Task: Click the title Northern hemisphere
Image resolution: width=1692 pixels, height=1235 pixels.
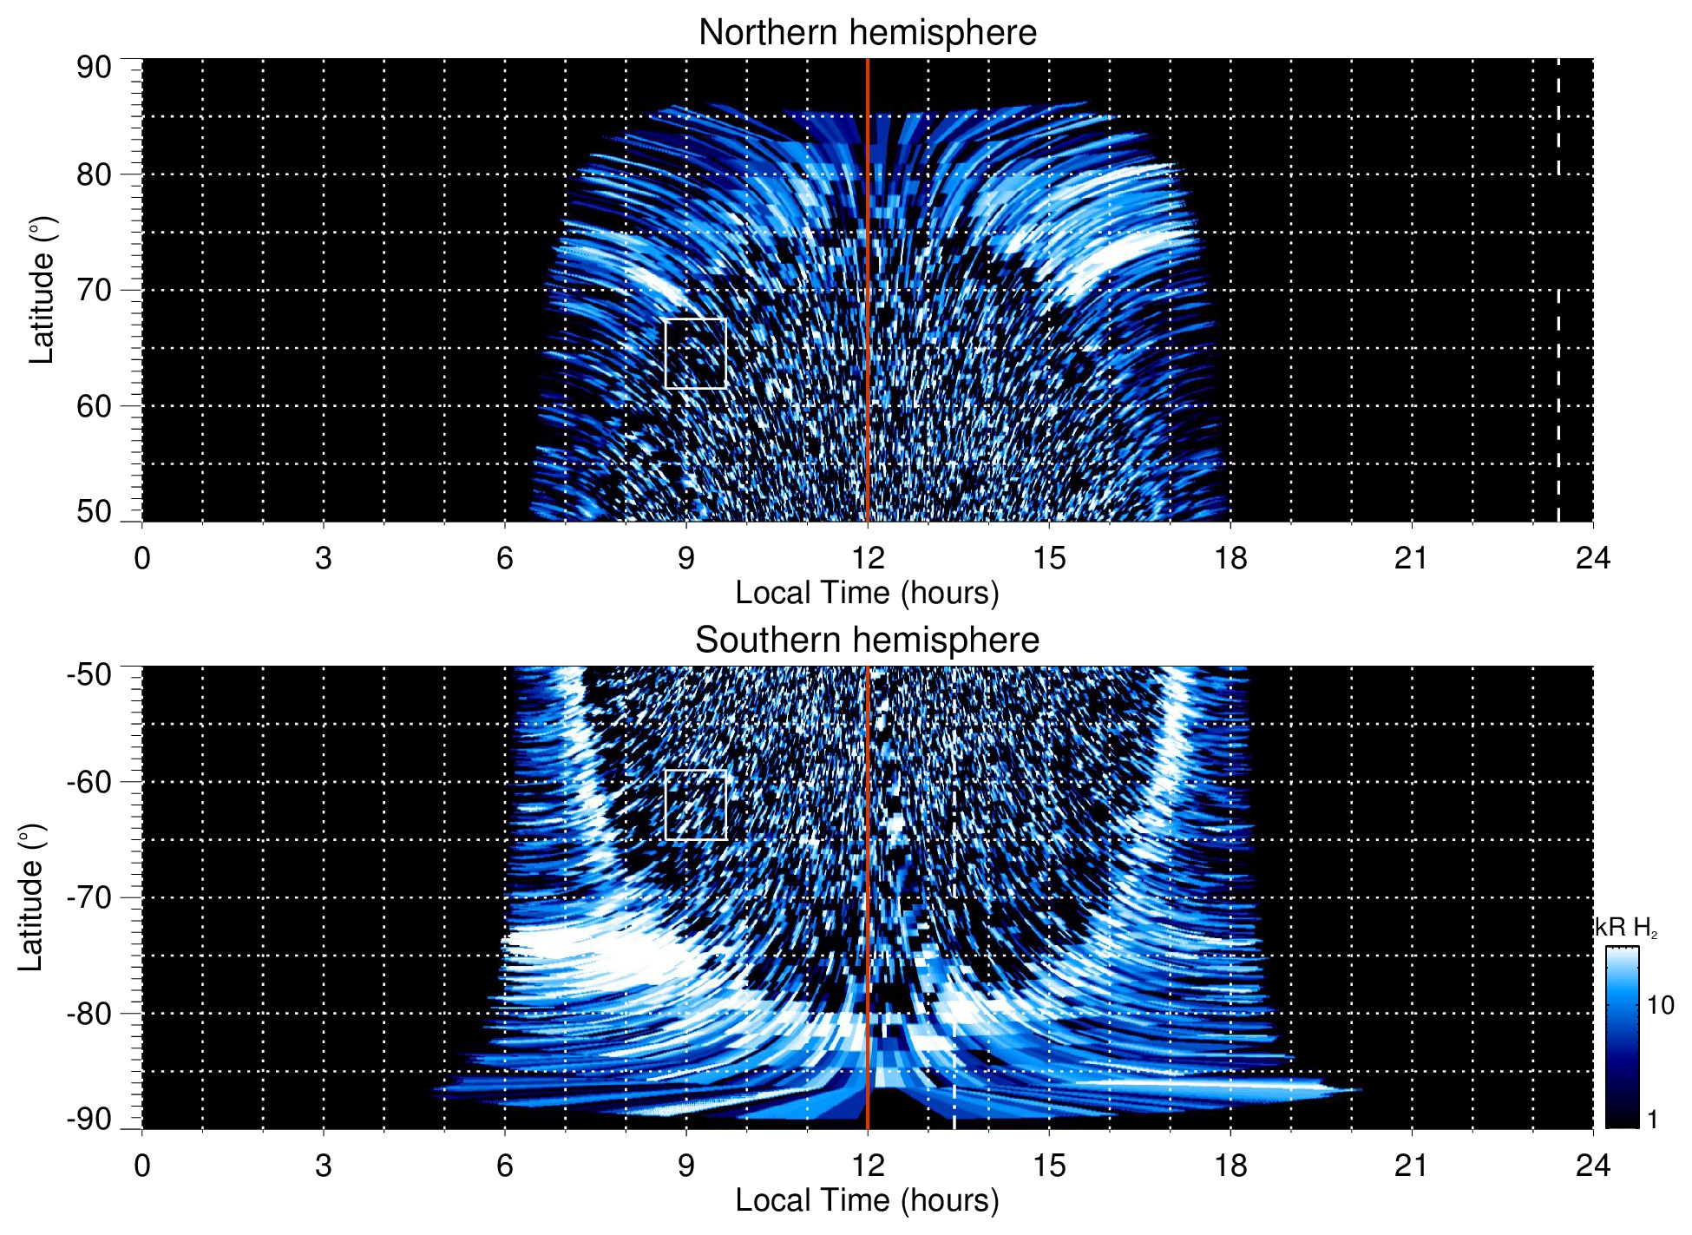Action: tap(867, 33)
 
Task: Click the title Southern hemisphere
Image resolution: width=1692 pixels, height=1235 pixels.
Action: tap(867, 640)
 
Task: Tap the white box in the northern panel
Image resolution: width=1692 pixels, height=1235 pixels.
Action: tap(695, 353)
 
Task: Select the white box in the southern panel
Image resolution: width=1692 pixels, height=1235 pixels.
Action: tap(695, 805)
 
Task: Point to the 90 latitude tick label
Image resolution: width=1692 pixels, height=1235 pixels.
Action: tap(94, 68)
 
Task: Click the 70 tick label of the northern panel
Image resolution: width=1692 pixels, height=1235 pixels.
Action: tap(94, 290)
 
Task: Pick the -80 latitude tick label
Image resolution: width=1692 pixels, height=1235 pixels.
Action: tap(89, 1014)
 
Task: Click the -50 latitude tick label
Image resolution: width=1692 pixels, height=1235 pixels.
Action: tap(89, 674)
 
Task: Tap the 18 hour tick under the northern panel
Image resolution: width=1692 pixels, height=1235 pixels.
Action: tap(1230, 558)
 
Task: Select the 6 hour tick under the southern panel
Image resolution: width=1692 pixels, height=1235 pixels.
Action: tap(504, 1166)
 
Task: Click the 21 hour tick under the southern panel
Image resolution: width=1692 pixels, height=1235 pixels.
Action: tap(1411, 1166)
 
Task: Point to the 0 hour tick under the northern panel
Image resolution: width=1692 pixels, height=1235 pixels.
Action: tap(142, 558)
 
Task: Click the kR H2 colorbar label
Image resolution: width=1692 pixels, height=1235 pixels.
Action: tap(1626, 928)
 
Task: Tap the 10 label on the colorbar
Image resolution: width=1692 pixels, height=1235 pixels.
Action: tap(1660, 1006)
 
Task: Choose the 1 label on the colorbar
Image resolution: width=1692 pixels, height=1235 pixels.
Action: tap(1652, 1120)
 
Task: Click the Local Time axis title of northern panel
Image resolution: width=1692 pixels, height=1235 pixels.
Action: tap(867, 593)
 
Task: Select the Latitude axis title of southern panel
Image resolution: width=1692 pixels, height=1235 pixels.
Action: tap(31, 897)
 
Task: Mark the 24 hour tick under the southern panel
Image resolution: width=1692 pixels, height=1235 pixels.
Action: tap(1592, 1166)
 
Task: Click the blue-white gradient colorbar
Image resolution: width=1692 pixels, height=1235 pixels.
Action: tap(1622, 1037)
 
